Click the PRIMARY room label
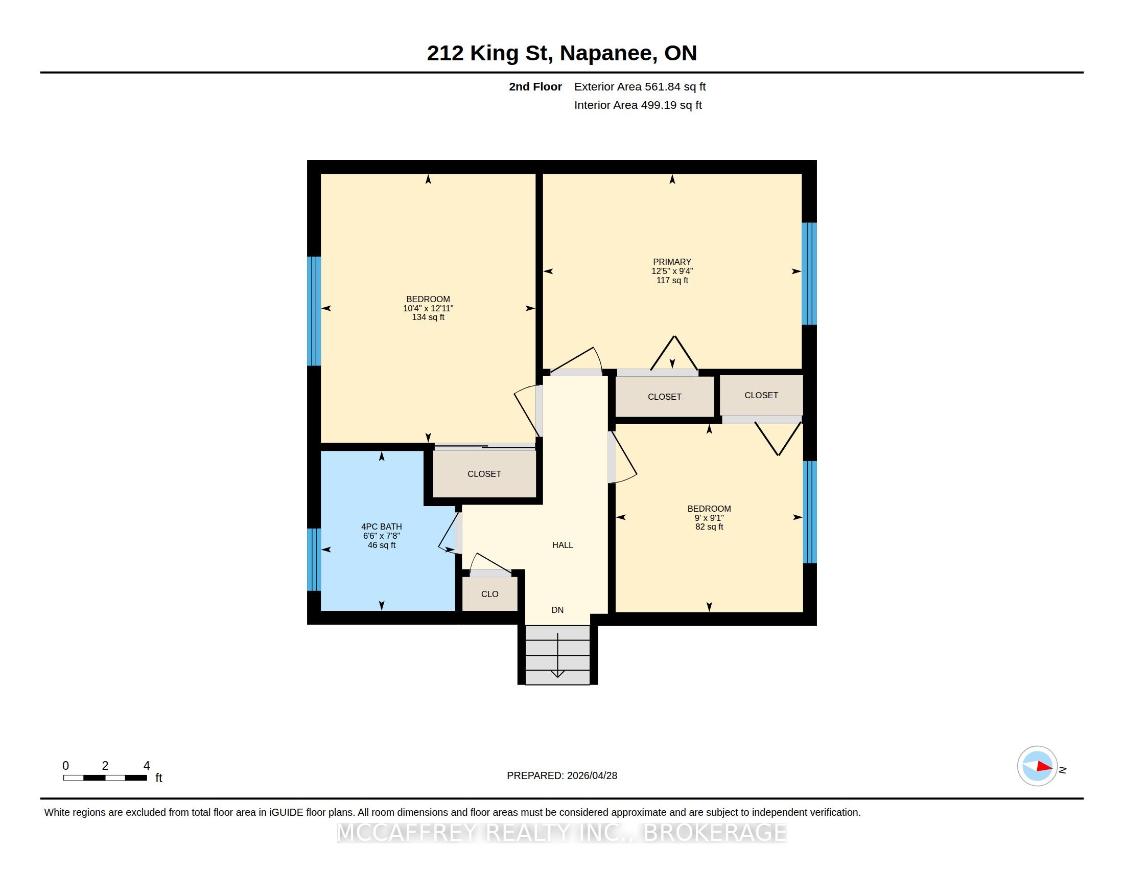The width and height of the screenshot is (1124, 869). [x=672, y=262]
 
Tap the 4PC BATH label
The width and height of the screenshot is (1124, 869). [x=381, y=526]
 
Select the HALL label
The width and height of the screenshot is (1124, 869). [x=563, y=545]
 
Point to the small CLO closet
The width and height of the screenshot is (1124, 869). [x=490, y=593]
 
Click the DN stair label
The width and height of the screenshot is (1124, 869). [x=557, y=610]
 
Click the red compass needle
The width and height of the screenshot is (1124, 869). [x=1044, y=767]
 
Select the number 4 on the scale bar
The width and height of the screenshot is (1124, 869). [x=147, y=766]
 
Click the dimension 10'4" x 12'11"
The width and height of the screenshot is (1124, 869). [x=428, y=308]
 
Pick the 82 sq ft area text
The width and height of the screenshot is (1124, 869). [x=709, y=527]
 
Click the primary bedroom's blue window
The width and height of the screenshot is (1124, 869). [x=809, y=273]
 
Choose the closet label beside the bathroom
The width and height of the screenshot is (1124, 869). [x=484, y=474]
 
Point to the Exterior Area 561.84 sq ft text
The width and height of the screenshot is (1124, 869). [x=640, y=86]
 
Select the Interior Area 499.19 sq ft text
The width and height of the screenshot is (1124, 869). [x=638, y=105]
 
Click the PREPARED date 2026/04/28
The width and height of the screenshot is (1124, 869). [x=592, y=775]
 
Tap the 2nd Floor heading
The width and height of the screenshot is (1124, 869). [x=535, y=86]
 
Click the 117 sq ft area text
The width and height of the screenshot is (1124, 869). [x=672, y=280]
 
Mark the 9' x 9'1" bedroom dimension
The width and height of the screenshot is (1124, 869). [x=709, y=518]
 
